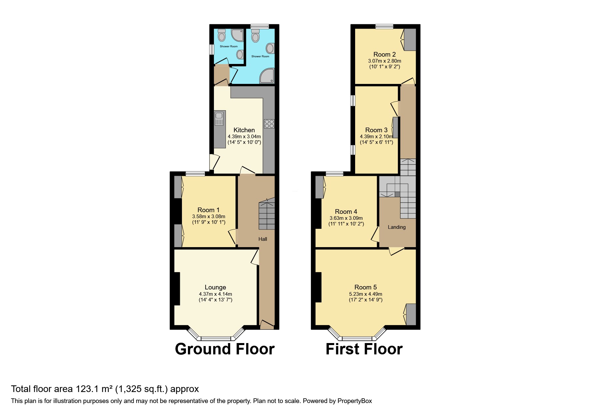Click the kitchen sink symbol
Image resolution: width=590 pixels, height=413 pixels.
219,119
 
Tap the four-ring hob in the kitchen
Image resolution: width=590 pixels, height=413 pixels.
269,124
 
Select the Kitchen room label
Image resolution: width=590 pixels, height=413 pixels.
244,130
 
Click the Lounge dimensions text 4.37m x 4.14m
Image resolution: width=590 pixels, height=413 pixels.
215,294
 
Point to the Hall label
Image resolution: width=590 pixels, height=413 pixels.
263,239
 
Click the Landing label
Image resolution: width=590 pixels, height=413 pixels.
396,227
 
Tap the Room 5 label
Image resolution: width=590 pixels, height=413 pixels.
365,287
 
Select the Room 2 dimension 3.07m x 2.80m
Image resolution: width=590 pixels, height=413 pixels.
384,61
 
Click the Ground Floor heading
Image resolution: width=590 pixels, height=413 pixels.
225,349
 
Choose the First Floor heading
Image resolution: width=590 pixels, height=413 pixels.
364,349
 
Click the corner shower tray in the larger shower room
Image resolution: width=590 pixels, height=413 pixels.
267,76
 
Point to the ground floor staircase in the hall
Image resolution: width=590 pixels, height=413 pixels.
267,215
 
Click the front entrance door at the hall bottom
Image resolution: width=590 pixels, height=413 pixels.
267,325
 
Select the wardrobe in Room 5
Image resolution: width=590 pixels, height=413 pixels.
411,314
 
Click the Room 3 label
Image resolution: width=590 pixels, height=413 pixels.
376,130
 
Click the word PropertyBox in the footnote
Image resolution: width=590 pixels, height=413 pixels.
354,401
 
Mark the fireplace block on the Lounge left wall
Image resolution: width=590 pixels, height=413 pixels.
175,288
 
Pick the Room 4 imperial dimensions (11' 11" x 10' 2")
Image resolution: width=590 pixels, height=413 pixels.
346,224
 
